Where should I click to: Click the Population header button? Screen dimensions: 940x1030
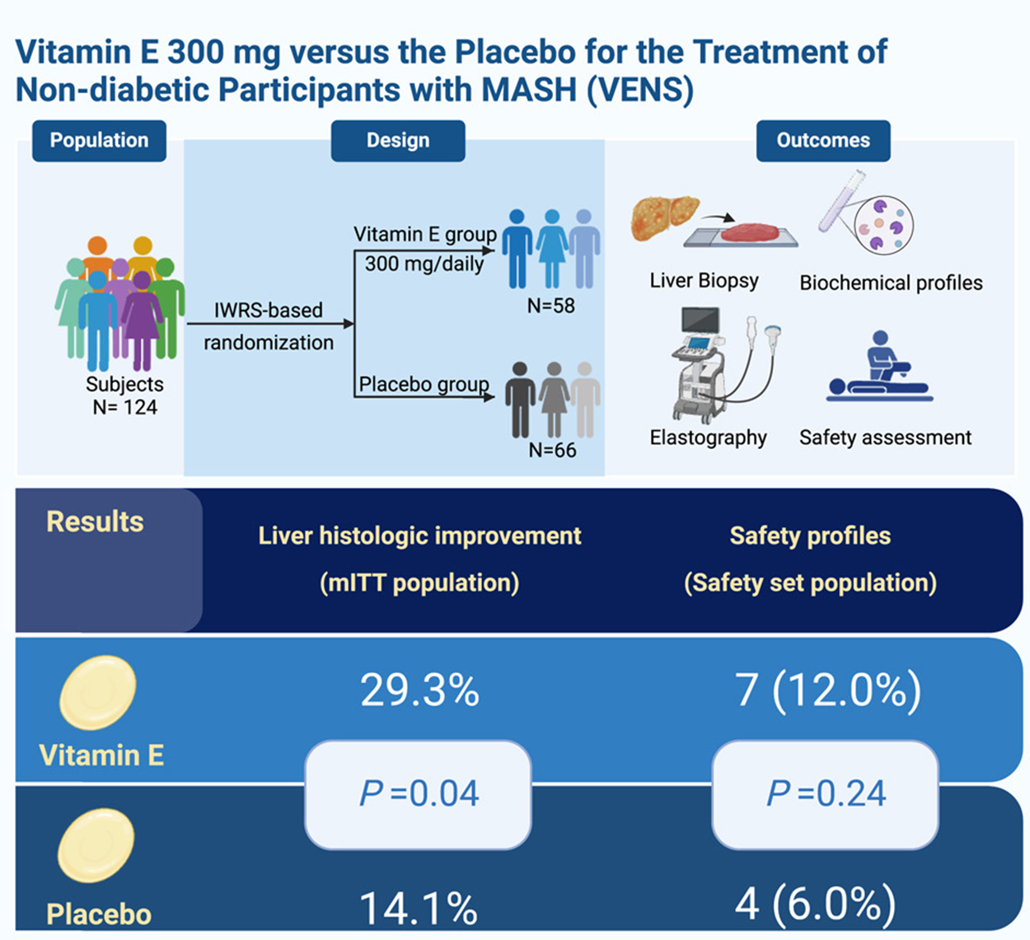point(99,141)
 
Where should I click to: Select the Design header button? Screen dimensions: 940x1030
point(398,141)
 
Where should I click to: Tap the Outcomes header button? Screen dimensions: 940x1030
point(823,141)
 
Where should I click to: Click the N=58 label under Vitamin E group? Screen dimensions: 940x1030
point(550,306)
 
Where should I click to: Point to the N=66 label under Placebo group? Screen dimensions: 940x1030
point(552,450)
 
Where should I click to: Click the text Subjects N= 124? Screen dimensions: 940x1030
point(124,395)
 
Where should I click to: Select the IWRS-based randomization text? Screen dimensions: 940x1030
point(269,326)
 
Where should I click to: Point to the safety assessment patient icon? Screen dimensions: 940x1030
point(879,368)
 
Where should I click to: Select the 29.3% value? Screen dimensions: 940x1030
point(419,690)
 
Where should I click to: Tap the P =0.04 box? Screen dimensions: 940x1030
point(418,794)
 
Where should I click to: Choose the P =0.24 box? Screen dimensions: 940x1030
point(825,794)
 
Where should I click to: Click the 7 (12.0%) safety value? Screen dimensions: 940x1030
point(828,690)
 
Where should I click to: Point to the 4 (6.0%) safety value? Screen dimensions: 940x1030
point(815,904)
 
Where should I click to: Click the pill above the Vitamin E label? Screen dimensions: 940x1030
point(98,693)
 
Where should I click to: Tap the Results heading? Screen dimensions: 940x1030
point(95,522)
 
